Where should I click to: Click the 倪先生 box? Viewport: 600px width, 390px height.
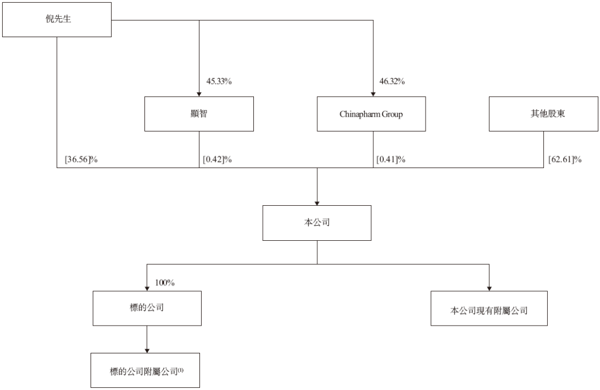click(x=57, y=19)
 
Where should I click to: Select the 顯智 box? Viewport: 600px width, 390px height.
click(x=199, y=114)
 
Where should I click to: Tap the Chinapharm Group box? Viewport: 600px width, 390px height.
click(x=371, y=114)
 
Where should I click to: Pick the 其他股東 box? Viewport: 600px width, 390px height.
click(x=543, y=114)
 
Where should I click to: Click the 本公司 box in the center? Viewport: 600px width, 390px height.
click(x=317, y=223)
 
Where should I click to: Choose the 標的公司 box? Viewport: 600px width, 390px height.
click(x=147, y=308)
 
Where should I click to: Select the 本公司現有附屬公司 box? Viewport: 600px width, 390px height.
click(x=489, y=308)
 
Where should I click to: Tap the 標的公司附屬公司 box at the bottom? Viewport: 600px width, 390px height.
click(x=145, y=370)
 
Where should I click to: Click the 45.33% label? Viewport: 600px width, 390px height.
click(x=219, y=82)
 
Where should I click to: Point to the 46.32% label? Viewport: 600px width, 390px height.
click(x=392, y=82)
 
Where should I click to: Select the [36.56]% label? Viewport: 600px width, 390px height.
click(x=81, y=159)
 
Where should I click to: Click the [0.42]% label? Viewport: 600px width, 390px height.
click(x=217, y=159)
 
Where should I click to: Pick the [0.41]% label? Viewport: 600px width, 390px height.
click(x=391, y=159)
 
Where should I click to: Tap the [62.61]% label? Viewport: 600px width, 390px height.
click(x=565, y=159)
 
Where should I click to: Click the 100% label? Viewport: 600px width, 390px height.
click(x=165, y=283)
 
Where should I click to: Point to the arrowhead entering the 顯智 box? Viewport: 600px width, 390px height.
click(x=199, y=94)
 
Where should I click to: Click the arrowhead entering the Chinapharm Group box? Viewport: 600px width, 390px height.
click(x=373, y=94)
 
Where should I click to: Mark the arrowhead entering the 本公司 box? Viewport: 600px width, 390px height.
click(x=317, y=203)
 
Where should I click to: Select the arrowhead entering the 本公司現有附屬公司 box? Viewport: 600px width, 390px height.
click(x=489, y=289)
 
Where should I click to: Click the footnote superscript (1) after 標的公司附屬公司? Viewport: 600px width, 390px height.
click(x=181, y=370)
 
